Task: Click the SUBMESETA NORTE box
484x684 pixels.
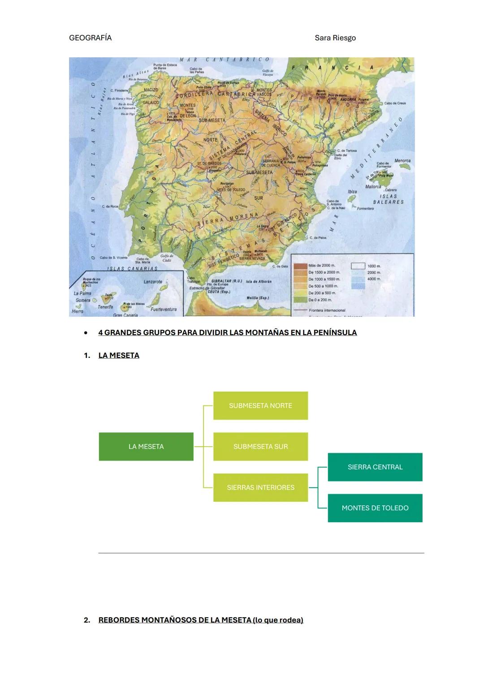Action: (x=260, y=405)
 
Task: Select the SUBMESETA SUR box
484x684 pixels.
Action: (x=260, y=447)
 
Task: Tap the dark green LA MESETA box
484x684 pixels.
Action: (x=146, y=447)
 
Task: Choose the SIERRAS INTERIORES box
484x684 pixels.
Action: (x=260, y=487)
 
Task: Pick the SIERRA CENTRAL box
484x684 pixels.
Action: (x=375, y=467)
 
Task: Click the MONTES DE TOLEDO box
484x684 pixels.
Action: (x=375, y=508)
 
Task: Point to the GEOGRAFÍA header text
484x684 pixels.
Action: (x=90, y=38)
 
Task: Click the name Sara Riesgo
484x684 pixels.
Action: (x=335, y=38)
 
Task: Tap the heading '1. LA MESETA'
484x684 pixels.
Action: (x=118, y=355)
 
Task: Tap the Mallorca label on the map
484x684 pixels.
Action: (x=373, y=186)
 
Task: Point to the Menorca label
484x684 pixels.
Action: (x=402, y=161)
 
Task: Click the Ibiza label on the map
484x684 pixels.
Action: (x=352, y=192)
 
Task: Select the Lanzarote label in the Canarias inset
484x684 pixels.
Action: (x=153, y=282)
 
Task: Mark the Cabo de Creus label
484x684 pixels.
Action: (x=395, y=103)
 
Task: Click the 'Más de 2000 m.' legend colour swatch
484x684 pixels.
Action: (x=300, y=266)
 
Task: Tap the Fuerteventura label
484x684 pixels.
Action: (x=164, y=309)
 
